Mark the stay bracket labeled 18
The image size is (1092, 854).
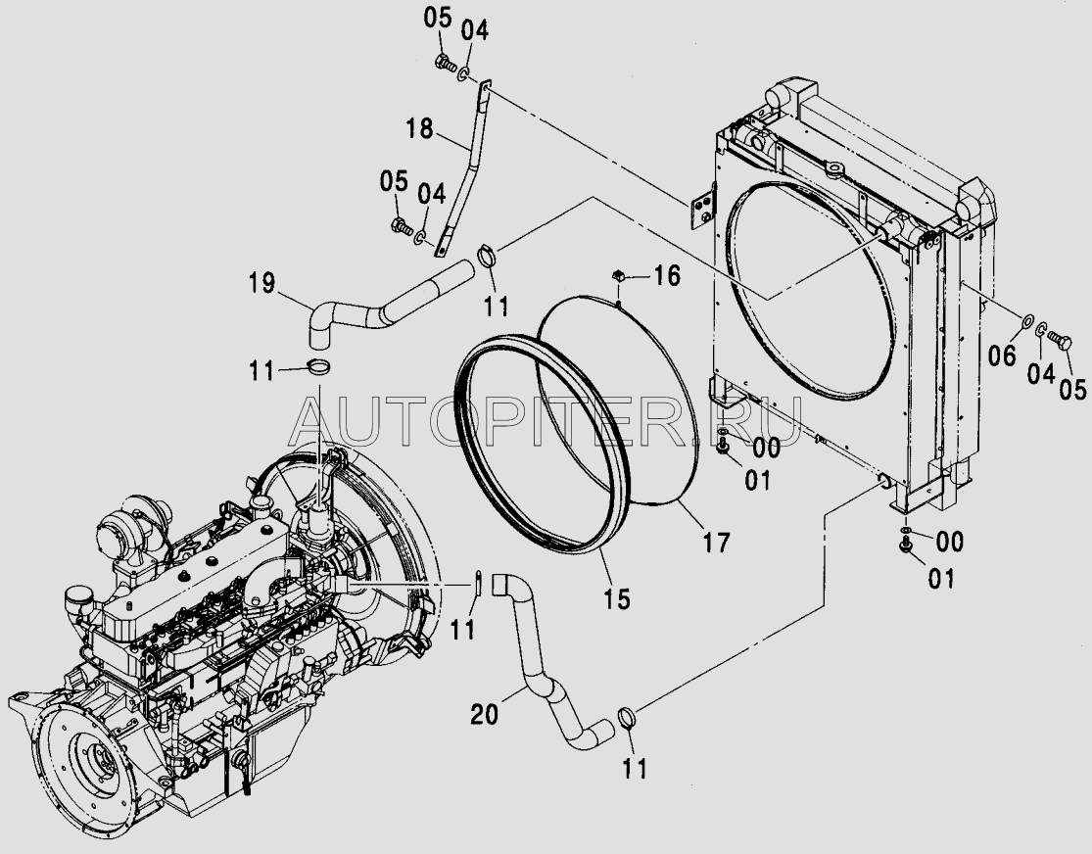pyautogui.click(x=464, y=166)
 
